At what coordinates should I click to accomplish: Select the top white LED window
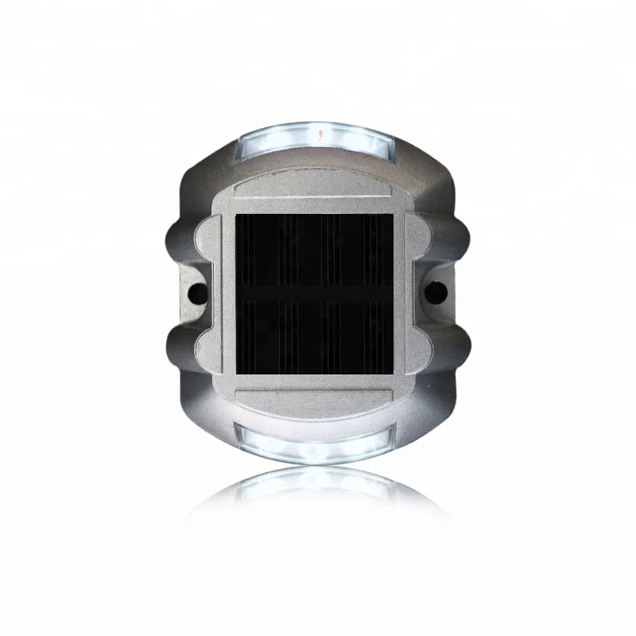click(316, 136)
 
